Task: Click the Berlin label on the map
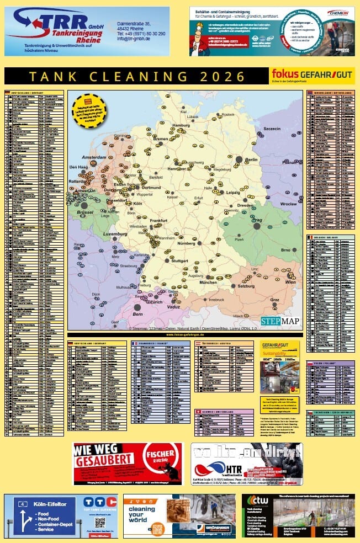click(251, 159)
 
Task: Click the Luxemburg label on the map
click(115, 234)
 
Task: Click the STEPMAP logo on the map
click(281, 321)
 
